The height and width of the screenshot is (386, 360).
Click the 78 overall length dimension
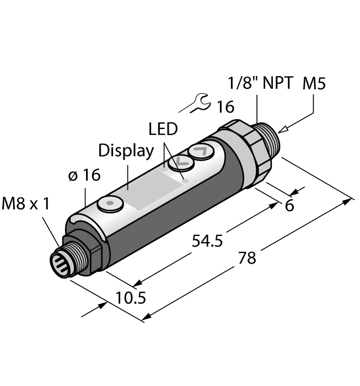pos(248,258)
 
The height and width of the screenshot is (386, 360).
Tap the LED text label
pos(163,130)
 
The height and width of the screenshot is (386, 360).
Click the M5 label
pos(314,84)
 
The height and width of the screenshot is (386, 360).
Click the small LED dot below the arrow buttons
pos(186,180)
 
